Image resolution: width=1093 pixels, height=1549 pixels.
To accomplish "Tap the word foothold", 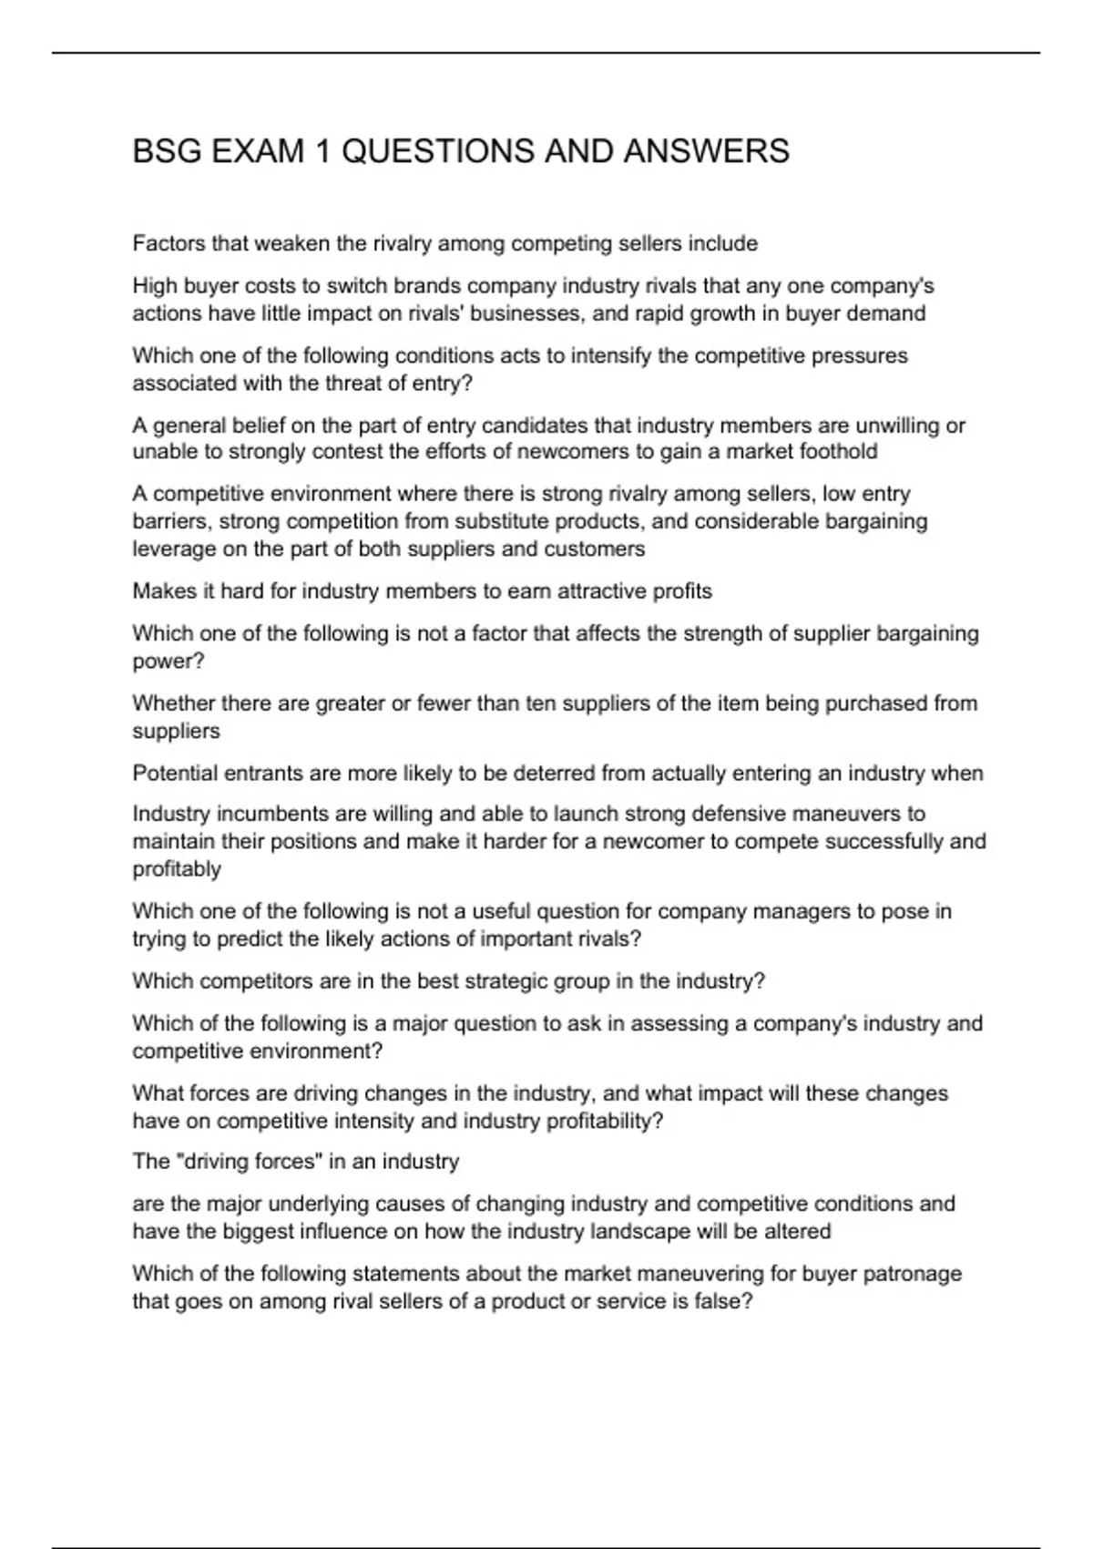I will click(x=838, y=452).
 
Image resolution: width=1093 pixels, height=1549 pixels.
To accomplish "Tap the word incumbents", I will click(x=242, y=814).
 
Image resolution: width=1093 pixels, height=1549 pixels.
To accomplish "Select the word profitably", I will click(x=177, y=869).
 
